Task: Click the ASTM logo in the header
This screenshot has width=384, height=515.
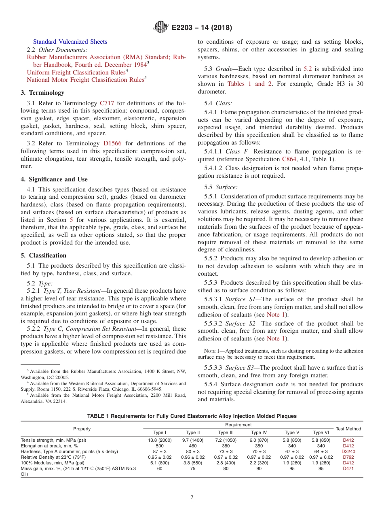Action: [161, 28]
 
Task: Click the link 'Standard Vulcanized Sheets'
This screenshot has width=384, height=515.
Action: [70, 42]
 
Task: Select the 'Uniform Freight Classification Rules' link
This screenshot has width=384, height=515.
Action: [76, 72]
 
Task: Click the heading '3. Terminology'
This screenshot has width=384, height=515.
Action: [42, 93]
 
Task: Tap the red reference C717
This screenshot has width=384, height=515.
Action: [107, 103]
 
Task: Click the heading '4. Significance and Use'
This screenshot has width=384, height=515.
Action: [54, 179]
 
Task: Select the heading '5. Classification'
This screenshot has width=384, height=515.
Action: [43, 255]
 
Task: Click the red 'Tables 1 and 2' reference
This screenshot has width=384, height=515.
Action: [247, 84]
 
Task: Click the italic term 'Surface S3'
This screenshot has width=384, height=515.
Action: [241, 368]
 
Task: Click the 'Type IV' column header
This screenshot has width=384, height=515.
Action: [259, 432]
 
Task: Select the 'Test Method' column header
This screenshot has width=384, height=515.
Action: [348, 429]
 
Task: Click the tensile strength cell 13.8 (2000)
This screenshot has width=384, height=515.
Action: [160, 440]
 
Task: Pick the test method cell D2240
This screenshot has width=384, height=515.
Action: [348, 451]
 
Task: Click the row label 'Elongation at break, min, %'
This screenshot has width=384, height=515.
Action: [50, 445]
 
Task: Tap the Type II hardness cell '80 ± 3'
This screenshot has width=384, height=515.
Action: [193, 451]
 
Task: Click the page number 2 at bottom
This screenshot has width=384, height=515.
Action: [192, 498]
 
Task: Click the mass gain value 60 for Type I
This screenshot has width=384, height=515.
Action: [160, 468]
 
